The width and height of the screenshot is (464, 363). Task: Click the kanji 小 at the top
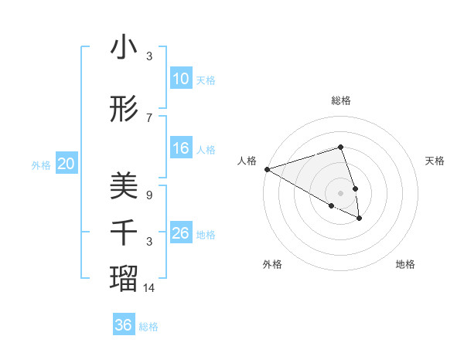[124, 48]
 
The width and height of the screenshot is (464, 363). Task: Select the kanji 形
[124, 111]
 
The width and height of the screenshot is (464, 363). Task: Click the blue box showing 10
[181, 79]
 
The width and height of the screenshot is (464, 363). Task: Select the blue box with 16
[181, 148]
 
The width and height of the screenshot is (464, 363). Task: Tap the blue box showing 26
[181, 233]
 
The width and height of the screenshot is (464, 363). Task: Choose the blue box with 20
[67, 164]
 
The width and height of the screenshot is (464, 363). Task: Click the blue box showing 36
[124, 325]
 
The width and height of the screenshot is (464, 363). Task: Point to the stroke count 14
[149, 288]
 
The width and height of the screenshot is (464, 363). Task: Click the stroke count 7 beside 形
[149, 117]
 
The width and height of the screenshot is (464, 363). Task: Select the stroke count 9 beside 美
[149, 195]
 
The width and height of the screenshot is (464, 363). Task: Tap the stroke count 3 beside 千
[149, 242]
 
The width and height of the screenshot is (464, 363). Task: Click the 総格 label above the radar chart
[341, 100]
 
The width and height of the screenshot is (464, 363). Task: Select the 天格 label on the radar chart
[435, 161]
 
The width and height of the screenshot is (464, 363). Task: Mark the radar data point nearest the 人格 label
[267, 168]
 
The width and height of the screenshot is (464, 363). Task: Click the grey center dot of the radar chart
[340, 192]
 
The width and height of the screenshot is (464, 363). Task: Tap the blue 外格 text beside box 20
[41, 165]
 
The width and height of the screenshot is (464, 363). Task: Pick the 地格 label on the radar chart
[405, 264]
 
